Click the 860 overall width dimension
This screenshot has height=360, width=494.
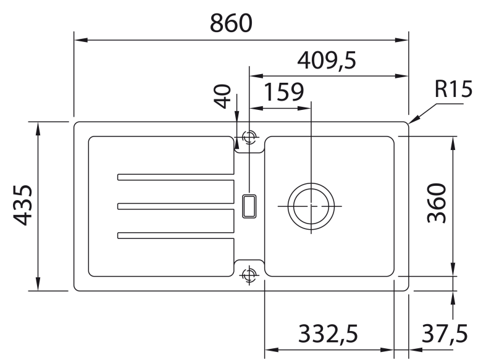click(x=231, y=23)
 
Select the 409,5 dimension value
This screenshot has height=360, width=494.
click(x=327, y=61)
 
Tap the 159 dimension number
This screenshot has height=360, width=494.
click(x=283, y=92)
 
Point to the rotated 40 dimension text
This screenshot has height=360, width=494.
click(x=222, y=96)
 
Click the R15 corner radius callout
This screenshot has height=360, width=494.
click(x=453, y=89)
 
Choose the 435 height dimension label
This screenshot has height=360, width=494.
click(x=23, y=206)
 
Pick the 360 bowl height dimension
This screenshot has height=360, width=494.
click(x=437, y=203)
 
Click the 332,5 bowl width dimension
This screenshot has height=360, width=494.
click(x=328, y=334)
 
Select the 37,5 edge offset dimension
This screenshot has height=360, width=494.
click(x=445, y=334)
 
